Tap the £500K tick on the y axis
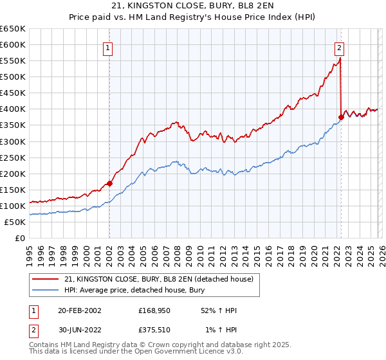point(14,77)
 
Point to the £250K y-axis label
point(14,157)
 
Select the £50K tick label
point(16,222)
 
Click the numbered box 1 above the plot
point(108,47)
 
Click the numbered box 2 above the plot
point(339,47)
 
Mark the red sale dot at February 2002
point(109,183)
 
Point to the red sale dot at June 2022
point(341,117)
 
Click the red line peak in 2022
point(340,59)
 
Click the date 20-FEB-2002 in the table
point(79,310)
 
